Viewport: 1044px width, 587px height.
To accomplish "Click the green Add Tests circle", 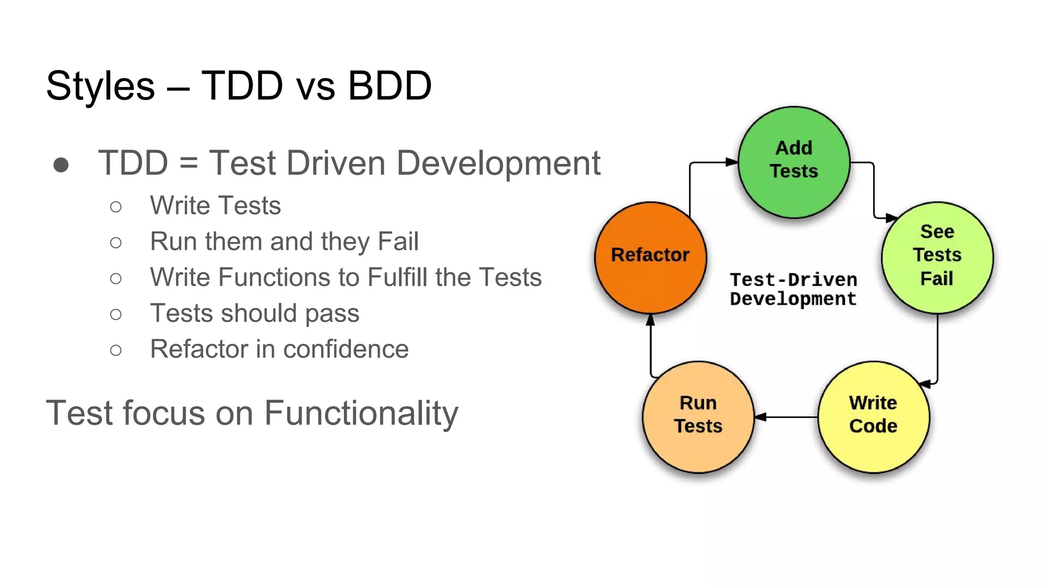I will pos(794,162).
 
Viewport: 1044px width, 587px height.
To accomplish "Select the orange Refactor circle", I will pos(650,257).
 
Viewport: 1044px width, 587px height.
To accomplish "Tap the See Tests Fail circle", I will pos(937,257).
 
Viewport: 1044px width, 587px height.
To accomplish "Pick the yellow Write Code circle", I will pos(873,417).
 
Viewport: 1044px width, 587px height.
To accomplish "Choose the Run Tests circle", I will pos(698,417).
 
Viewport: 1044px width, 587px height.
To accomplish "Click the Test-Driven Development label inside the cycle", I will pos(793,289).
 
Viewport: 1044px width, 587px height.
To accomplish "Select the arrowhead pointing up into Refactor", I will pos(650,320).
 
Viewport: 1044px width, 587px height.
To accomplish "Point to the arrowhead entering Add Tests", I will pos(732,162).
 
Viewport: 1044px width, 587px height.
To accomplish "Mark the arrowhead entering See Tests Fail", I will pos(891,218).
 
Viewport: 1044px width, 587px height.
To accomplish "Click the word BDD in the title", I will pos(389,86).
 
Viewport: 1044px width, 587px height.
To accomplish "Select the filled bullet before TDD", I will pos(61,165).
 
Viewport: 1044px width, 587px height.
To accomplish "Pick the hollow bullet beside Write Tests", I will pos(116,206).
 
